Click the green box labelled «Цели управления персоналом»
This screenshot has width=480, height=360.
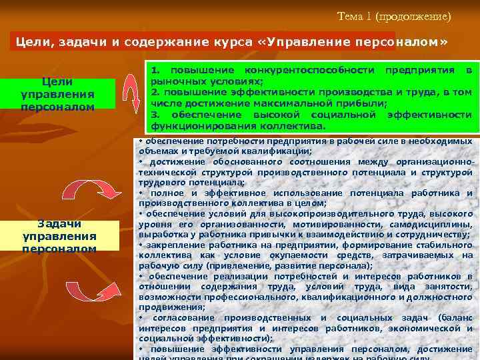point(57,94)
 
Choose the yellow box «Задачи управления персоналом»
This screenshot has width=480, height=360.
point(59,236)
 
